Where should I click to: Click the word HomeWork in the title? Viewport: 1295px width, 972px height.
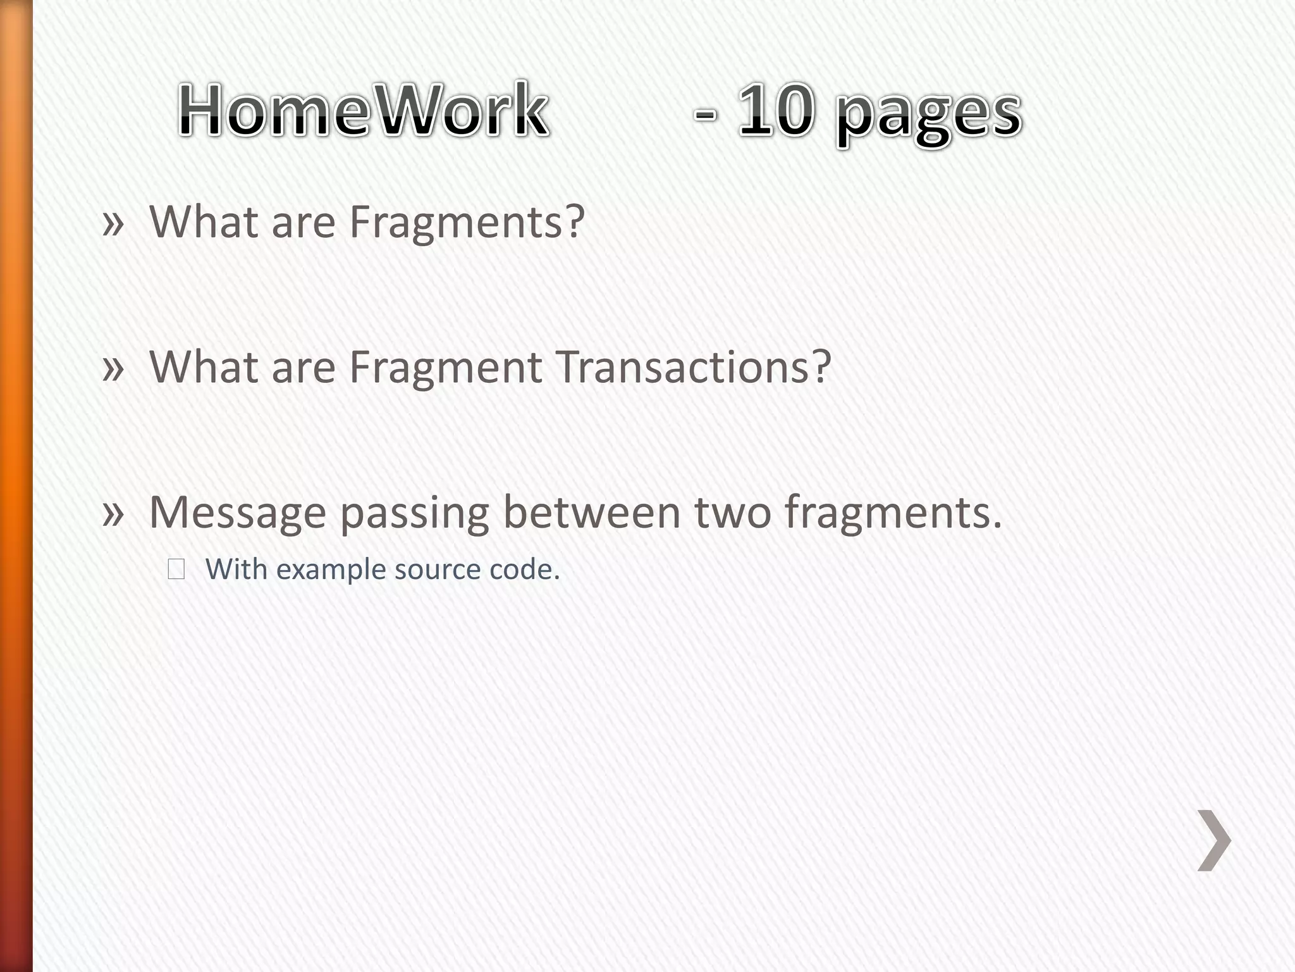(363, 111)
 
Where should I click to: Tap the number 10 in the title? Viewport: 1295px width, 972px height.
(775, 111)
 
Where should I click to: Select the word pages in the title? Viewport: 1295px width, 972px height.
(928, 114)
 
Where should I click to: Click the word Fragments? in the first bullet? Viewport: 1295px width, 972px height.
(467, 223)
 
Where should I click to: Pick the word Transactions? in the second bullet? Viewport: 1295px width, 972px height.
(694, 367)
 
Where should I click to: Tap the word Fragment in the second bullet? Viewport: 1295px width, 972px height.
(445, 367)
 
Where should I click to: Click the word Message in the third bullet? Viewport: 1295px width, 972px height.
(237, 513)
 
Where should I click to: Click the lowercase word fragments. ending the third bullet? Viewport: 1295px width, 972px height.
(893, 513)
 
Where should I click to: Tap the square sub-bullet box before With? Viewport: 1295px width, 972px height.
(176, 570)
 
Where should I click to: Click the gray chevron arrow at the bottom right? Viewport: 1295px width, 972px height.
(1214, 840)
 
